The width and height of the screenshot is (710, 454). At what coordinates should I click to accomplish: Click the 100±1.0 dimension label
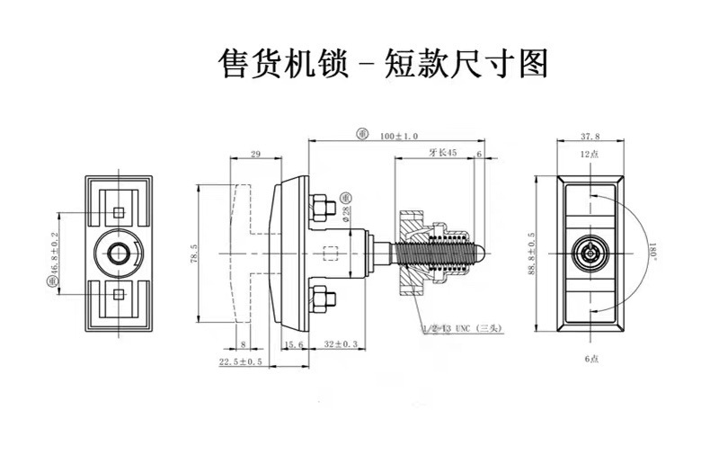pos(400,136)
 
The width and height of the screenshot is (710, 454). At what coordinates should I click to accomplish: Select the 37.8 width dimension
pos(590,138)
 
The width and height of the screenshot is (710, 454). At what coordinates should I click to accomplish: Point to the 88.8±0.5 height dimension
pos(531,253)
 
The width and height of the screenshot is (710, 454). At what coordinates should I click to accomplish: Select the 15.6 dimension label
pos(291,344)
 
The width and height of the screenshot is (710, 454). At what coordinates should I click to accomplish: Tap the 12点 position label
pos(590,155)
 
